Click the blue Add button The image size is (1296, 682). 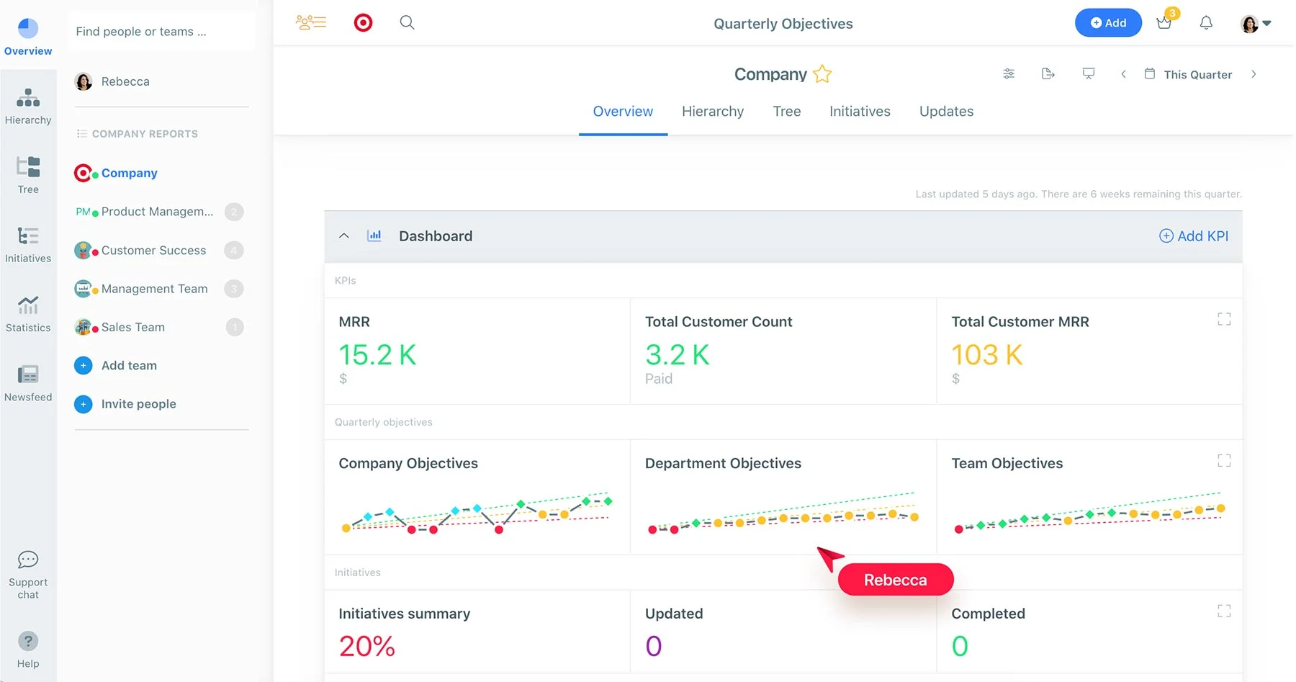click(x=1107, y=23)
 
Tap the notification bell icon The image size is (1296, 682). click(x=1206, y=23)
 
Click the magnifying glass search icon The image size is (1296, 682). click(x=407, y=23)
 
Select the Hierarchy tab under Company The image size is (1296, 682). click(x=712, y=112)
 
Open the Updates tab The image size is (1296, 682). click(x=945, y=112)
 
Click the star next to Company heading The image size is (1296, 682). click(x=822, y=74)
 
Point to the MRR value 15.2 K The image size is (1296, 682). click(x=377, y=355)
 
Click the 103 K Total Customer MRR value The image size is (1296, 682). click(x=986, y=355)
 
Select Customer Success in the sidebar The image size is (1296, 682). click(x=153, y=251)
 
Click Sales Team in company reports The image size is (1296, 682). click(x=133, y=328)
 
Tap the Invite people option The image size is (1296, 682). click(x=138, y=404)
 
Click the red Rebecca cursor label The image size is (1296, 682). click(x=895, y=580)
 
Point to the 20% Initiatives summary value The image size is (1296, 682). click(x=366, y=646)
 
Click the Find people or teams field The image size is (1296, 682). click(x=161, y=32)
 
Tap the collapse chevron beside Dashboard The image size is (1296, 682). click(x=344, y=236)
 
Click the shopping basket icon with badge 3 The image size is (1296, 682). click(x=1164, y=23)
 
